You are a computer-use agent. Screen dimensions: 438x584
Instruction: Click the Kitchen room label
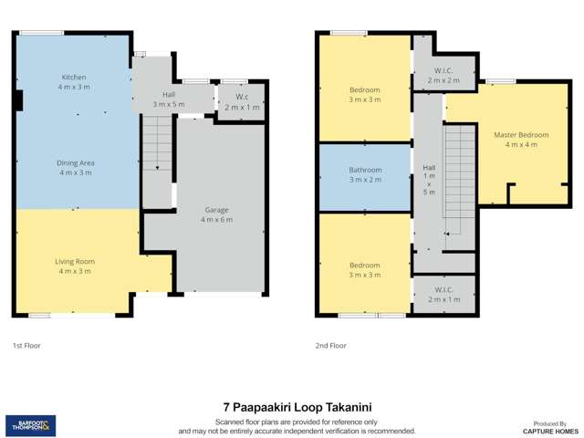coord(74,82)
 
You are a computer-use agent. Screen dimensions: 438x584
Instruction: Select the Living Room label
coord(75,266)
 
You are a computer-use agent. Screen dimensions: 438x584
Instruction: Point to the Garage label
coord(216,214)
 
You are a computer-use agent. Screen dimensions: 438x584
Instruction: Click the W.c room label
coord(242,101)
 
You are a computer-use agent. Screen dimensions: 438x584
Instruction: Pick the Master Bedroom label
coord(515,139)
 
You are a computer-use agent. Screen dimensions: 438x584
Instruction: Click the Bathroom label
coord(365,174)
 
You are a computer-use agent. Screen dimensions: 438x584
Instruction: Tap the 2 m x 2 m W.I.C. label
coord(444,75)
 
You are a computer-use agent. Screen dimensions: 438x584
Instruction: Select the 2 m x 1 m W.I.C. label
coord(443,294)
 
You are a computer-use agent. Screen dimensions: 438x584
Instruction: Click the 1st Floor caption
coord(26,346)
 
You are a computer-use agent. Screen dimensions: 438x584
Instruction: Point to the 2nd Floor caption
coord(330,346)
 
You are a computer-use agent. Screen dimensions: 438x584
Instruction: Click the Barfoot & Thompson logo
coord(30,423)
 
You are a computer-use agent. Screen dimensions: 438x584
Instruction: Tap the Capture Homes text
coord(550,429)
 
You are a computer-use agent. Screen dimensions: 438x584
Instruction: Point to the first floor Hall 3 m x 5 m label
coord(169,99)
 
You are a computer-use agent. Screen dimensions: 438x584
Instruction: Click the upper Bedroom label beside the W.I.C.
coord(365,94)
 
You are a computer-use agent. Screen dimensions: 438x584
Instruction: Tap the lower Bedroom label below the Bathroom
coord(365,269)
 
